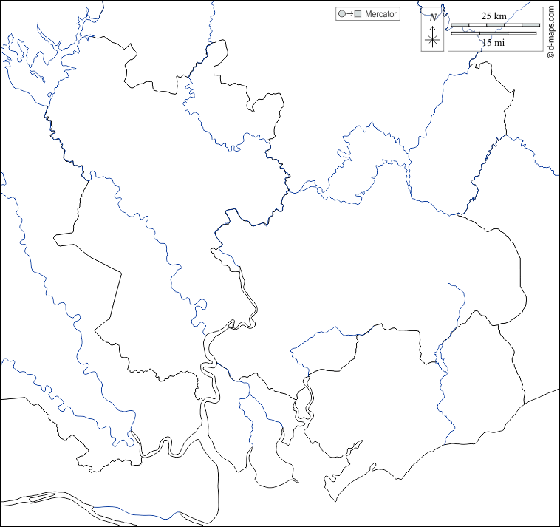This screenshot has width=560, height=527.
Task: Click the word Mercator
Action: pos(381,14)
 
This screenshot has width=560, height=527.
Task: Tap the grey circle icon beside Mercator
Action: pos(341,14)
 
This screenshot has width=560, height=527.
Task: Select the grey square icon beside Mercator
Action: pos(357,14)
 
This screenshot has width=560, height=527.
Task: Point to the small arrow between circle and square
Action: pos(349,14)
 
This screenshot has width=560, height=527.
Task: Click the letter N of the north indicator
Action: pos(433,17)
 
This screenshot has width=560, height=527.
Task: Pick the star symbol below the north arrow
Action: pos(434,41)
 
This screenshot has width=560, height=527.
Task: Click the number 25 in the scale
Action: pos(488,16)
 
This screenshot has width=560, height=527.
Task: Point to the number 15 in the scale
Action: pos(487,43)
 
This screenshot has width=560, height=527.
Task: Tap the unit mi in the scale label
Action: pos(500,43)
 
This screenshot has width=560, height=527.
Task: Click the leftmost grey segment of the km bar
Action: pos(460,25)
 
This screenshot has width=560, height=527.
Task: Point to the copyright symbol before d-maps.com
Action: pos(551,56)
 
